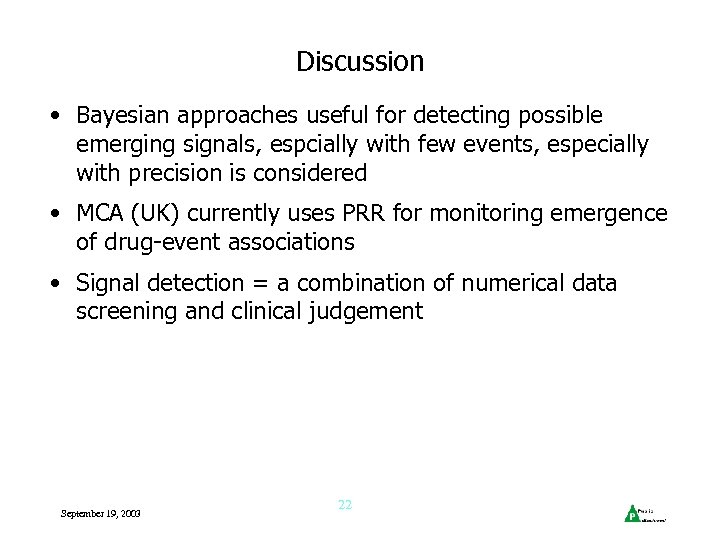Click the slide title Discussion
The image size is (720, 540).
[x=360, y=62]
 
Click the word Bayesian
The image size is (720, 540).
[x=118, y=116]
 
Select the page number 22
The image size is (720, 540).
[x=345, y=505]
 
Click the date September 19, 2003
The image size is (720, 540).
[x=101, y=513]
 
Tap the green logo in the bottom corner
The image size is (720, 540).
[x=632, y=513]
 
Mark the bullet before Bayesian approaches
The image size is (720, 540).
[x=62, y=117]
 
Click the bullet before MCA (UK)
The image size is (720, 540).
[x=62, y=215]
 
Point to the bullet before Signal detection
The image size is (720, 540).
[x=62, y=284]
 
